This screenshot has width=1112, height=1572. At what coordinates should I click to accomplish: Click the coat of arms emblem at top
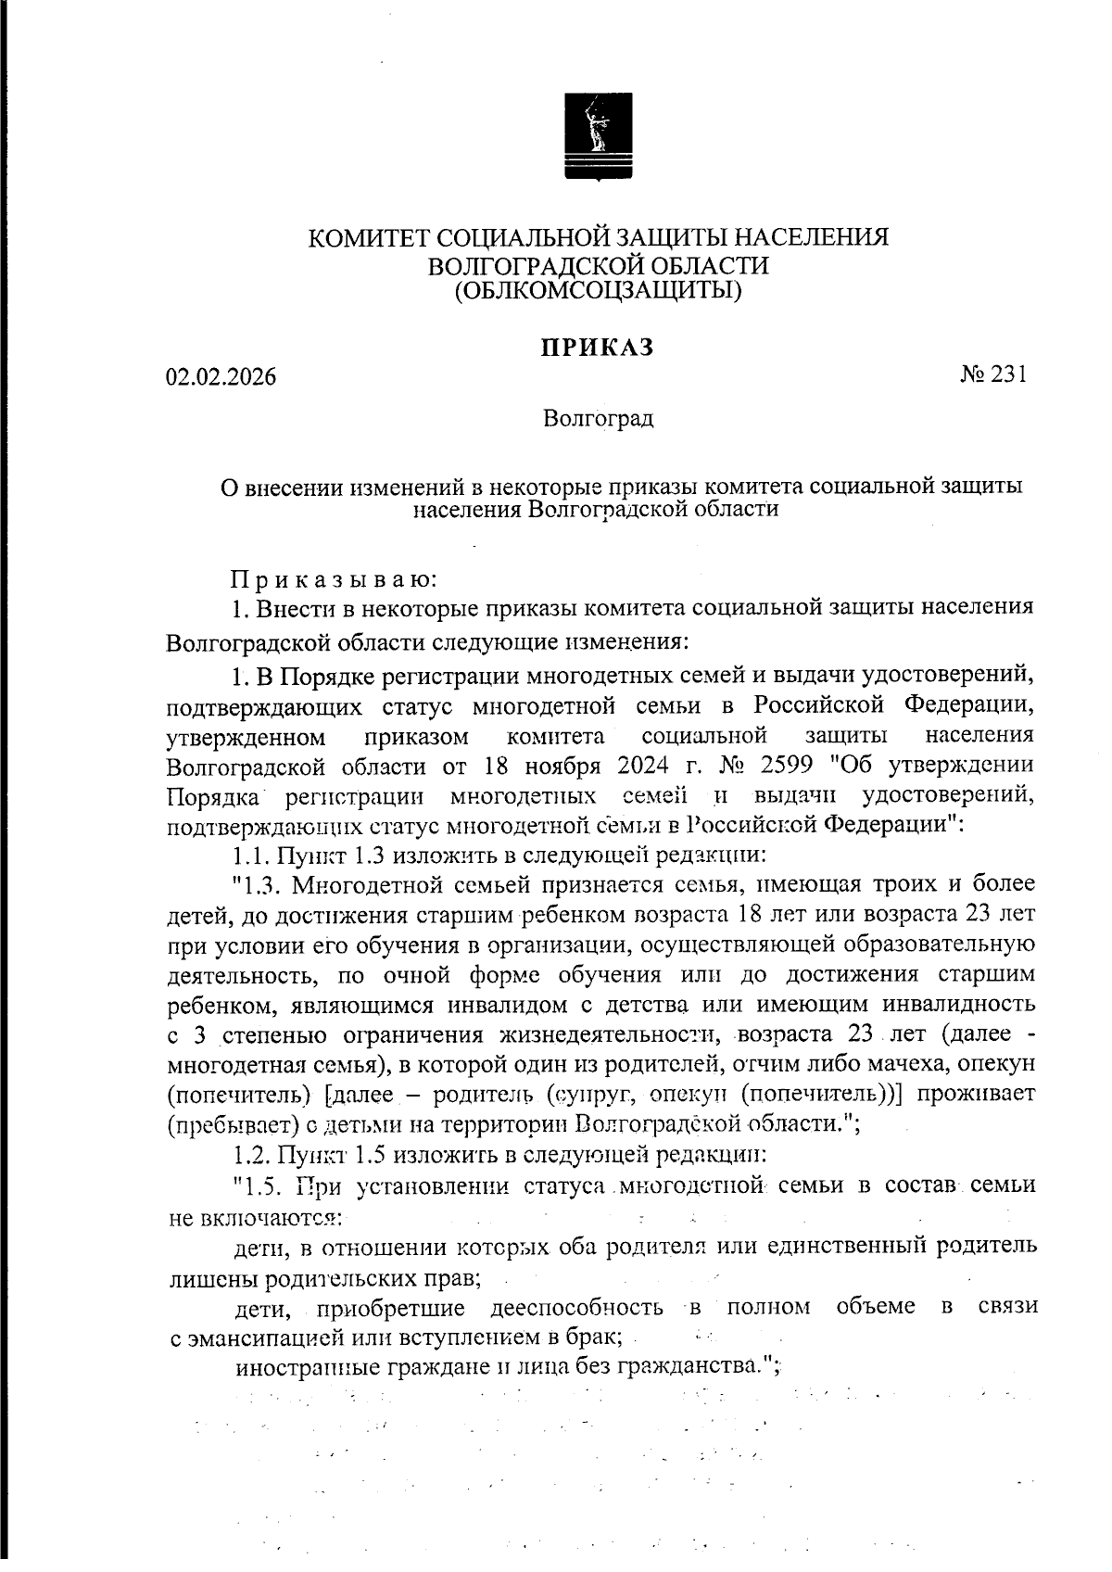tap(599, 135)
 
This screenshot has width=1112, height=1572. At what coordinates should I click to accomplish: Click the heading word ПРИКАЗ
tap(598, 348)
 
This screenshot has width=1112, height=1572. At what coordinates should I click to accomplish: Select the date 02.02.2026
tap(221, 377)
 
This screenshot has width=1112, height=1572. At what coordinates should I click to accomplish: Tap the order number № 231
tap(993, 374)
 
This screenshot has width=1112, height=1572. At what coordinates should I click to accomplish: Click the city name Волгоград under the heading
tap(598, 419)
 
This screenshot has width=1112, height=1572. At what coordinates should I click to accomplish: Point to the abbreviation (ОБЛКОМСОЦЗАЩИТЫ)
tap(598, 291)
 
